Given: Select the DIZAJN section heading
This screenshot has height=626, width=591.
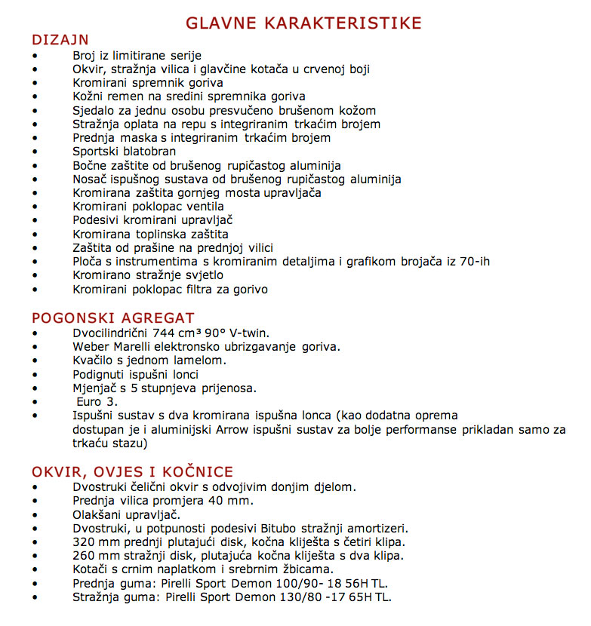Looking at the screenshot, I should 60,39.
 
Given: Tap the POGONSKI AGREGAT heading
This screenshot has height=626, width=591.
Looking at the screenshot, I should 112,318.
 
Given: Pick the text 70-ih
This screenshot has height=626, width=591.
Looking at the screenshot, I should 472,262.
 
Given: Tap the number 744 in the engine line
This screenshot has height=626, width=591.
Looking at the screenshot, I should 163,333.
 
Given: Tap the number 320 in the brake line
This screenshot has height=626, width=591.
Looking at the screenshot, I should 85,542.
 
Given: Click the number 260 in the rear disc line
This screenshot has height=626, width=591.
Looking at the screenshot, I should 85,556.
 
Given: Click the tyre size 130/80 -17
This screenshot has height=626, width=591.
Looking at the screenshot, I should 310,597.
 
